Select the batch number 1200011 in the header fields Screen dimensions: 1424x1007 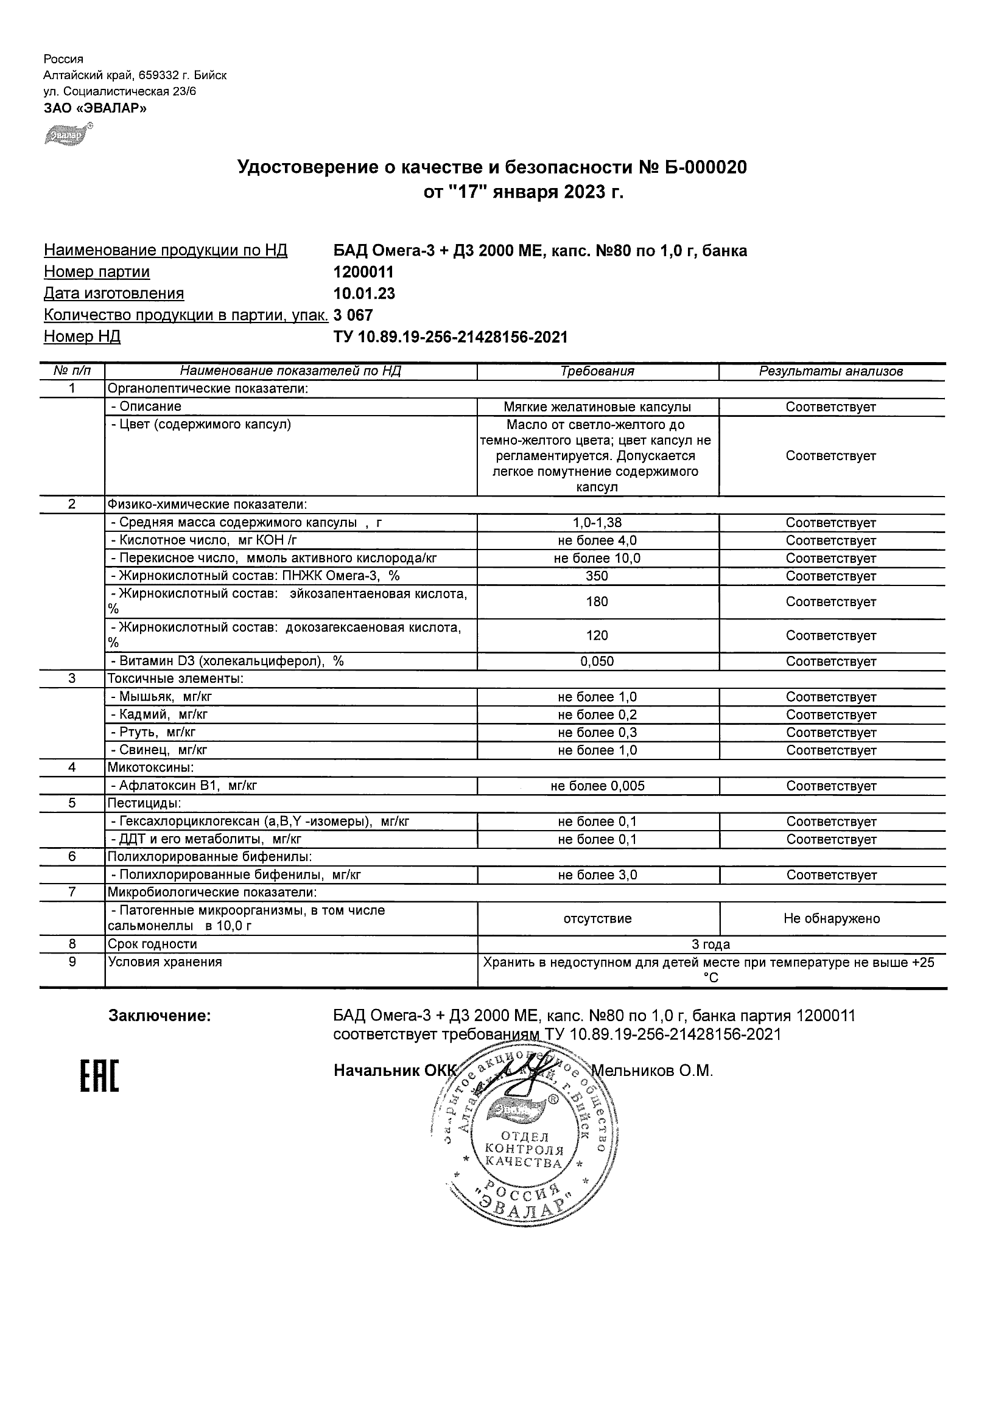(363, 271)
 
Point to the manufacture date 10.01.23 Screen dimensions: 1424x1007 (364, 293)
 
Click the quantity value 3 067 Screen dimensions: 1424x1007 (353, 315)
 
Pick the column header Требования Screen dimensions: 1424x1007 (597, 371)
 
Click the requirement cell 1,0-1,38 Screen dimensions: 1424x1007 (597, 523)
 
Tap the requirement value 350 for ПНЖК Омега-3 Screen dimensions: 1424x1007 (597, 576)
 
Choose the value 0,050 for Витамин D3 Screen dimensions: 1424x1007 (597, 661)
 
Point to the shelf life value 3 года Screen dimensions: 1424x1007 (711, 944)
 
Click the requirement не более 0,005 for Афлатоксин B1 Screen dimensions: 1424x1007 (597, 786)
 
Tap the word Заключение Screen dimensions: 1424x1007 (160, 1016)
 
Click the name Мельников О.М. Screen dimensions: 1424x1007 (652, 1070)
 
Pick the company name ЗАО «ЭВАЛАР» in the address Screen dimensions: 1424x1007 (95, 108)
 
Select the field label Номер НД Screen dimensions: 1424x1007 (82, 337)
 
